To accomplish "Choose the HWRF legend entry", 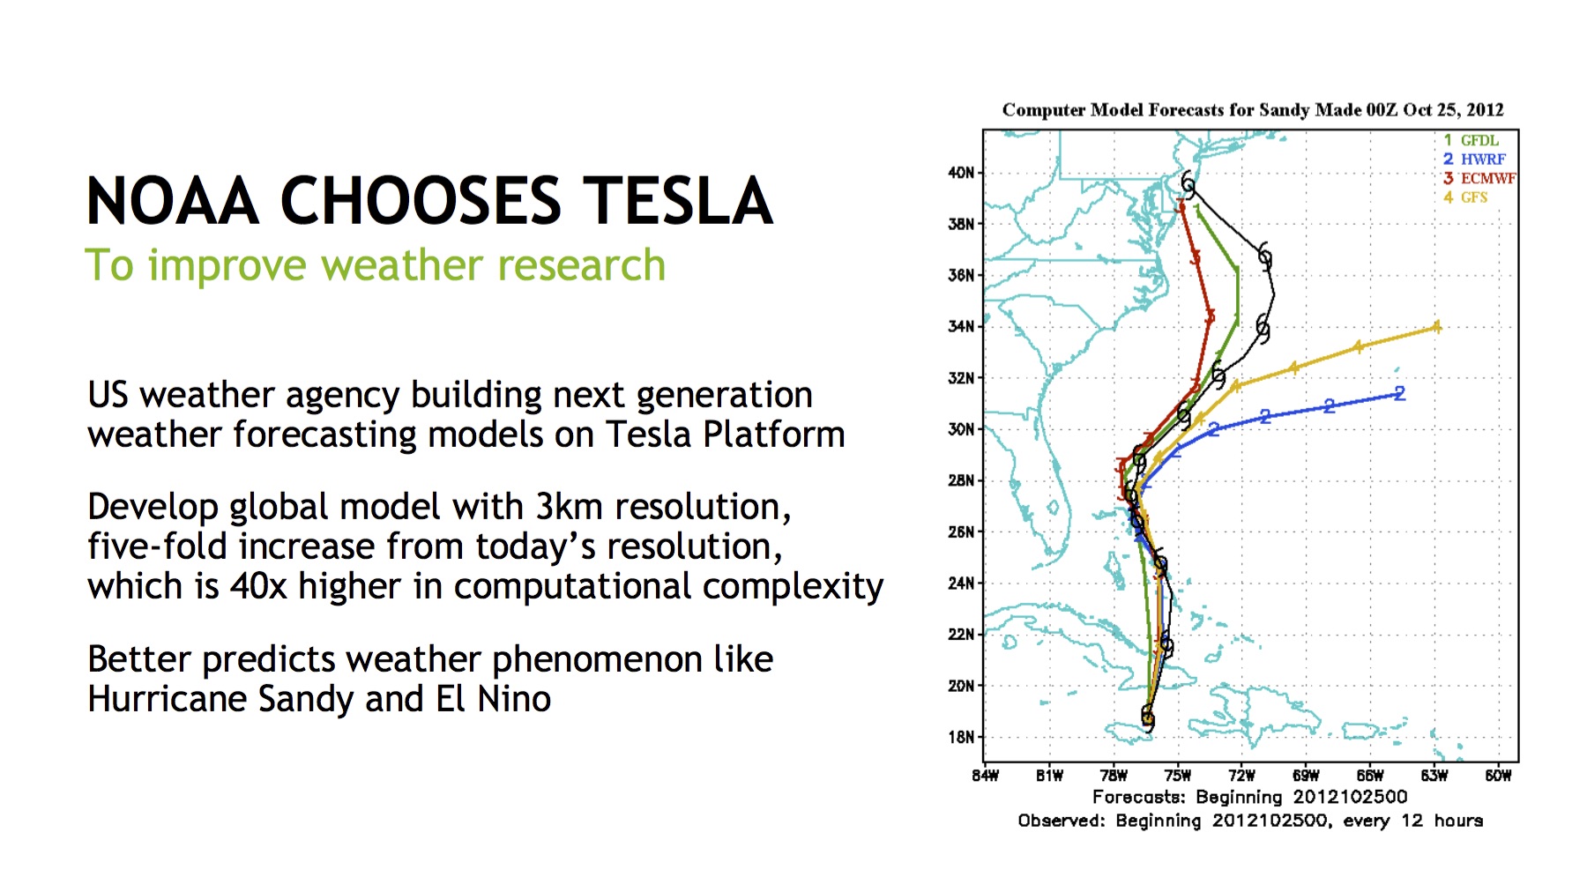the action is pos(1474,160).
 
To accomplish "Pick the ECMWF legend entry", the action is pos(1479,178).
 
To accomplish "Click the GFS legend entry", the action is pos(1465,197).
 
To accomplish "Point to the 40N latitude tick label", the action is pos(961,173).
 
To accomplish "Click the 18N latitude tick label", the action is pos(961,737).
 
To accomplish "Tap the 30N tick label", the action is pos(961,429).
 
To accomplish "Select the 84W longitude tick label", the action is pos(985,776).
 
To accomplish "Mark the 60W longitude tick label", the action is pos(1498,776).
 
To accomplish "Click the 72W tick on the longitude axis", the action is pos(1241,776).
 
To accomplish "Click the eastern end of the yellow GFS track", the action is pos(1437,327).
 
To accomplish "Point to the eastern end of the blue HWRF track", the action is pos(1400,393).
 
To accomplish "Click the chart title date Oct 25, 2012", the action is pos(1453,110).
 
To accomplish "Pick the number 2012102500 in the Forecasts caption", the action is pos(1350,797).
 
